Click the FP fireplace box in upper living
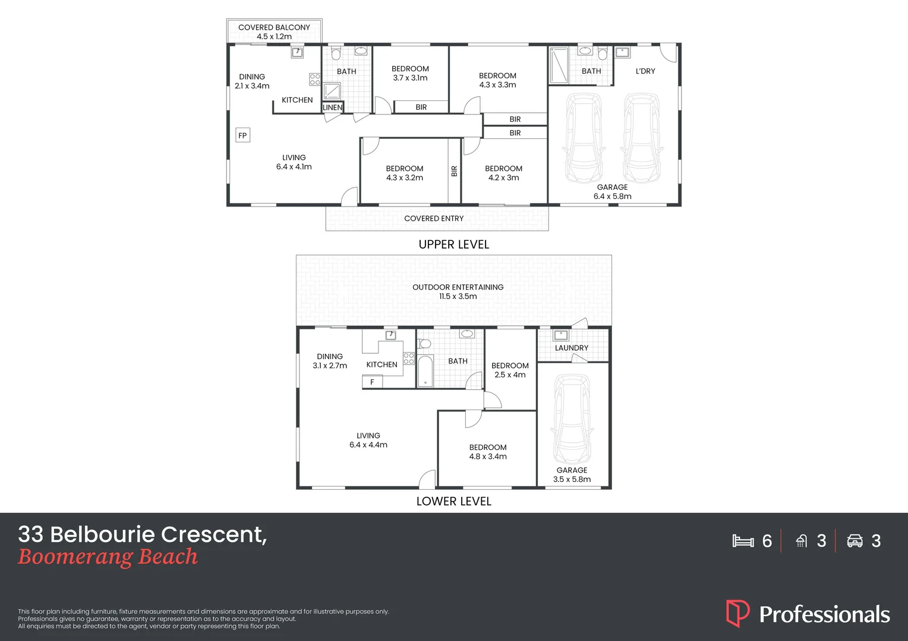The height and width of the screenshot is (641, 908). point(242,135)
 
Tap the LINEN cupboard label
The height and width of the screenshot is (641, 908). point(332,107)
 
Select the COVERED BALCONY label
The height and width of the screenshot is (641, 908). point(274,27)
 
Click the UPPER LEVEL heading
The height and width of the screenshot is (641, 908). point(453,245)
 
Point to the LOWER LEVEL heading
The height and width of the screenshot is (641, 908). point(453,502)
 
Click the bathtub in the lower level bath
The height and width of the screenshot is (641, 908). point(424,372)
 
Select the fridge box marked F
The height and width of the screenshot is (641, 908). point(372,382)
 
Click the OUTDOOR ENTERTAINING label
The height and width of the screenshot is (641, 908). point(458,287)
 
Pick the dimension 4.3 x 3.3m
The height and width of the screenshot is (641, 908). point(497,85)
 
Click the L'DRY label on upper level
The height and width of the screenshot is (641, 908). point(645,71)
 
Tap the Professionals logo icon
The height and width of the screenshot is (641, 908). point(737,613)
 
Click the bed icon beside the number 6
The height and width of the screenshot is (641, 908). point(743,541)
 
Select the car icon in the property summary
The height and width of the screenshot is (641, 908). point(855,541)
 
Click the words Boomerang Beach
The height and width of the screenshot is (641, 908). point(108,557)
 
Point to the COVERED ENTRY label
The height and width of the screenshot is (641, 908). point(434,218)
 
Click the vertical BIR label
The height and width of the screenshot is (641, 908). point(455,171)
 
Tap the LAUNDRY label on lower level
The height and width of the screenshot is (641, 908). point(571,348)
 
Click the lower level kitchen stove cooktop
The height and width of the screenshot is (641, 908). point(409,358)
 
